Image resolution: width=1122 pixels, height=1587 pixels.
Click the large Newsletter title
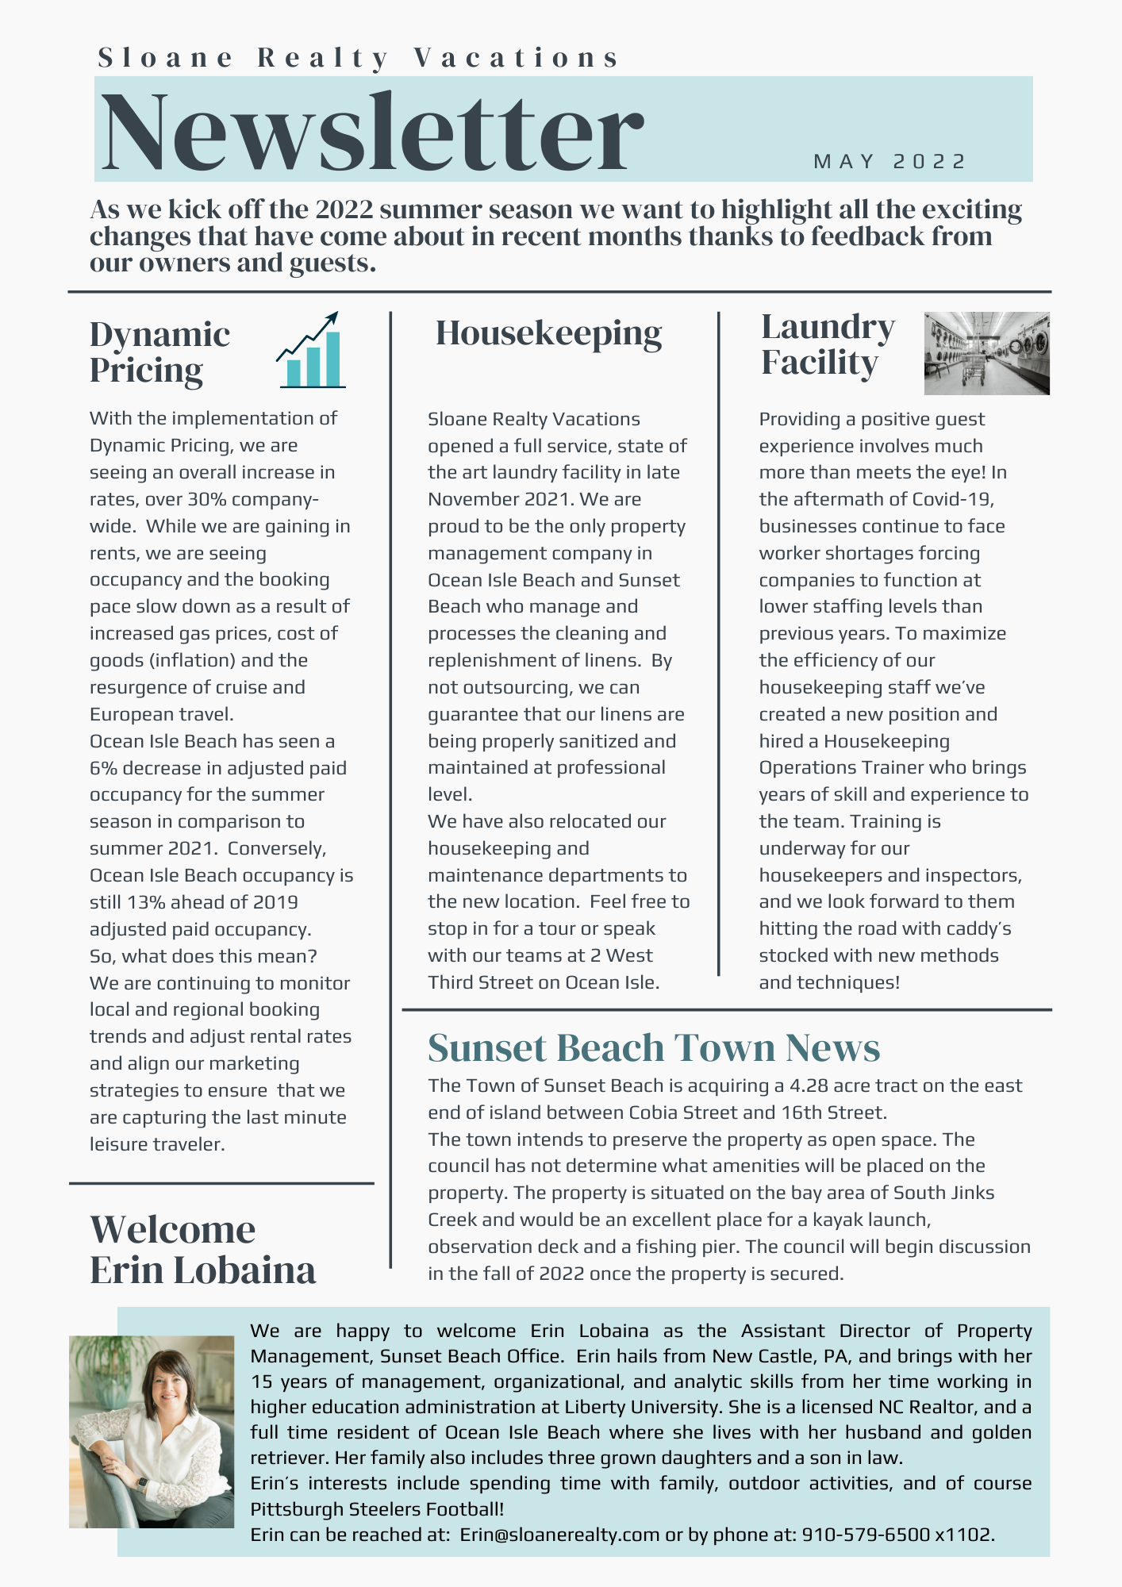tap(371, 131)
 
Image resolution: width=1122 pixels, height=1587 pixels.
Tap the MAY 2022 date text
tap(890, 162)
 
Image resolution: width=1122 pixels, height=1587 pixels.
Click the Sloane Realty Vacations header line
tap(358, 58)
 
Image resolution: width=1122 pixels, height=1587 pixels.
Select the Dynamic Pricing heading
tap(159, 352)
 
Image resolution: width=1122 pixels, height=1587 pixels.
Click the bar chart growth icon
tap(311, 351)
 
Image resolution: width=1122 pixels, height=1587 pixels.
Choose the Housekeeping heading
tap(548, 333)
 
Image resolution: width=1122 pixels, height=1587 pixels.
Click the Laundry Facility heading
tap(827, 344)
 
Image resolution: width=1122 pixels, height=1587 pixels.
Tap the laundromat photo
tap(986, 353)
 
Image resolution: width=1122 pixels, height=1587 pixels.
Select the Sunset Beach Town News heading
tap(653, 1047)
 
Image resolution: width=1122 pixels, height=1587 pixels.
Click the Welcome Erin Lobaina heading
tap(202, 1250)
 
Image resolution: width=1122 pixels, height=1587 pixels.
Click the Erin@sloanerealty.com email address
tap(559, 1534)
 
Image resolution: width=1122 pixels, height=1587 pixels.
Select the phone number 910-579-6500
tap(866, 1534)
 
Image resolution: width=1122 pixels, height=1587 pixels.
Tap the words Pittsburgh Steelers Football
tap(376, 1508)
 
